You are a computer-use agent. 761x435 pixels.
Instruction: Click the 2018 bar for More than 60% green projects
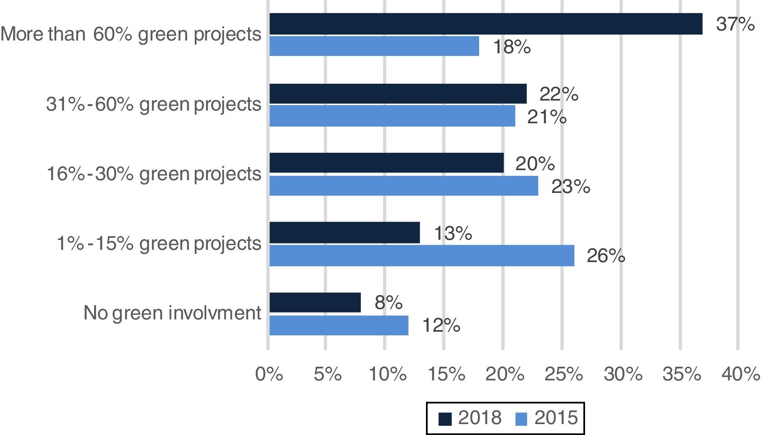click(x=486, y=24)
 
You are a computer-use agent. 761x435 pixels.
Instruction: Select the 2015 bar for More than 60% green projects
click(x=374, y=46)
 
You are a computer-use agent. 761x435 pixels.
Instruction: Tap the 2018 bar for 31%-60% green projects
click(x=398, y=94)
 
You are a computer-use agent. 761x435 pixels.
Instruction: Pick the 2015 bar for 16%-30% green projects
click(x=404, y=186)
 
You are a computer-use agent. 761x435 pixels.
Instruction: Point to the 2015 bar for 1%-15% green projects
click(x=421, y=256)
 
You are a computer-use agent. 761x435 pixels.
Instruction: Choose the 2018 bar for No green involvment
click(x=315, y=303)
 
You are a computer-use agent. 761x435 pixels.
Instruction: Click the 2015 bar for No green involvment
click(x=339, y=325)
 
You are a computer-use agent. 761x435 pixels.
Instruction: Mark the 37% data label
click(x=735, y=24)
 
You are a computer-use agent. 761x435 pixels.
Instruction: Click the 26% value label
click(x=606, y=256)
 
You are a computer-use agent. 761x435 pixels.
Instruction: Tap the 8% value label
click(x=388, y=303)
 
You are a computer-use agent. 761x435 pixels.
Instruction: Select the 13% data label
click(x=453, y=233)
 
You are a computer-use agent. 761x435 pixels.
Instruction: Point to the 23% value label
click(x=571, y=187)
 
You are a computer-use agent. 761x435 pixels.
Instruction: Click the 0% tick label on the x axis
click(x=269, y=374)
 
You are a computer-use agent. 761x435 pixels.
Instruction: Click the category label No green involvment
click(x=173, y=314)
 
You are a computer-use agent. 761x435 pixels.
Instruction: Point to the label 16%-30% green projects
click(x=154, y=174)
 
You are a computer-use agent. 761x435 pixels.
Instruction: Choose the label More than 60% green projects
click(x=131, y=35)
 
